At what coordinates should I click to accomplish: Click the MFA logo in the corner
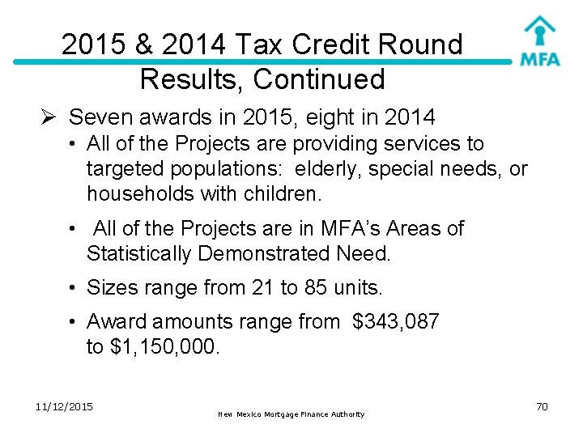(x=539, y=41)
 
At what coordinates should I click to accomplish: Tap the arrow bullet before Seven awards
(x=49, y=118)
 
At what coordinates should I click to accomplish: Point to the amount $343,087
(x=396, y=322)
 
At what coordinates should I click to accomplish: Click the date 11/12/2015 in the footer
(x=65, y=405)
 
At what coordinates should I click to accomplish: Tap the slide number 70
(x=542, y=406)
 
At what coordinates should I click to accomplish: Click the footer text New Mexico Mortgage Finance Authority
(x=291, y=414)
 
